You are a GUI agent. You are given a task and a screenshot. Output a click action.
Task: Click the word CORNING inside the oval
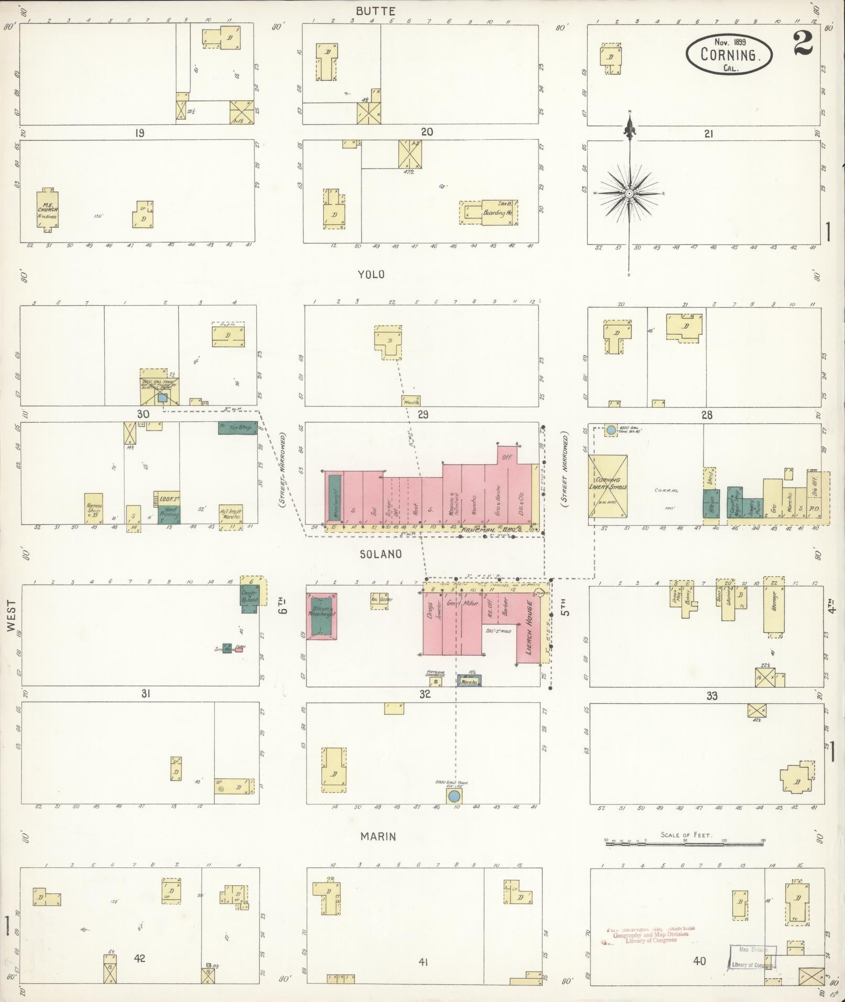click(x=729, y=54)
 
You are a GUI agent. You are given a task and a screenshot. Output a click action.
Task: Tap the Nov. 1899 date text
click(x=729, y=42)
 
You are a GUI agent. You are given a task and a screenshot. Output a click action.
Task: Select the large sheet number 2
click(x=803, y=43)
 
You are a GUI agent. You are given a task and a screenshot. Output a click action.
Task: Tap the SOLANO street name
click(x=380, y=554)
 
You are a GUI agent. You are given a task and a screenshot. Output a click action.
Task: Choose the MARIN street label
click(x=378, y=836)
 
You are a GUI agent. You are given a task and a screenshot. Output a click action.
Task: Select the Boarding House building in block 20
click(x=492, y=213)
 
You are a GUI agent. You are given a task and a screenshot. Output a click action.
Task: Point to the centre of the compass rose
click(x=630, y=194)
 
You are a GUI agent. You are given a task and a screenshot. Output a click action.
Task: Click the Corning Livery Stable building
click(x=608, y=487)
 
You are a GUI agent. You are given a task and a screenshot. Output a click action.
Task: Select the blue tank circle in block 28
click(x=611, y=430)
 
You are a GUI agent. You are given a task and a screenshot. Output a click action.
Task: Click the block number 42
click(x=139, y=959)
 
